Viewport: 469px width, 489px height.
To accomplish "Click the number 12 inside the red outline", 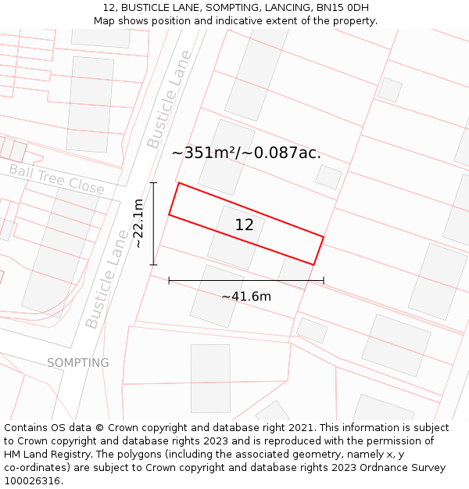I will point(244,225).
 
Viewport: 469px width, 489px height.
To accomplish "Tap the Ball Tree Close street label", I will point(56,178).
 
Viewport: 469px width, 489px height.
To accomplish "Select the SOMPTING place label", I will point(78,363).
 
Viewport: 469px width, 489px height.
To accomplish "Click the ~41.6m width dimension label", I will point(246,297).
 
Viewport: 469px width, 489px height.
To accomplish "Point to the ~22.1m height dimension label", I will point(138,224).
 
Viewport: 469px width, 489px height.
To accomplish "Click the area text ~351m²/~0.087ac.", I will point(246,153).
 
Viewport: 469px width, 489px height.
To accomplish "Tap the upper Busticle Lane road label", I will point(169,99).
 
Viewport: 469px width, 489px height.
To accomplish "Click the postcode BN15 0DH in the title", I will point(342,8).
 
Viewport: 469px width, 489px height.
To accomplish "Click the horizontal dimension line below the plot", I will point(246,280).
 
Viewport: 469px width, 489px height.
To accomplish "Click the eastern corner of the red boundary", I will point(324,236).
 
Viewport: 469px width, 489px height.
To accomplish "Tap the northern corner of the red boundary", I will point(179,183).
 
